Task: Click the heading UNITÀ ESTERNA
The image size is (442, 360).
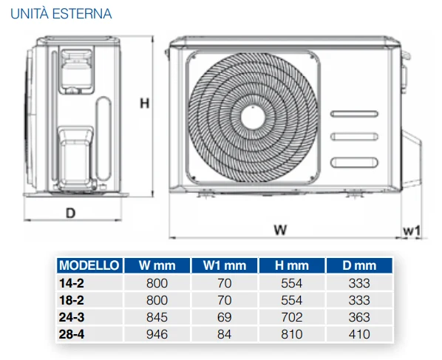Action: click(61, 14)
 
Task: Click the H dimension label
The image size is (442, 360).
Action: click(145, 103)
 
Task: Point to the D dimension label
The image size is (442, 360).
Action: click(71, 213)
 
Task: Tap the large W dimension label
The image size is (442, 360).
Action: click(280, 230)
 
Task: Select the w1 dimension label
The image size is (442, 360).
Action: click(412, 231)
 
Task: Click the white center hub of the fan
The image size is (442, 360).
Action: click(253, 118)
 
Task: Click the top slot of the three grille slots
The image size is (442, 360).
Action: click(354, 114)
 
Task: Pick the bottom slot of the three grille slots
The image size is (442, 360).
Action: click(354, 163)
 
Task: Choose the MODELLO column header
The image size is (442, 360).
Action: click(89, 265)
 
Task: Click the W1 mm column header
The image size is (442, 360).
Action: click(225, 265)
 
